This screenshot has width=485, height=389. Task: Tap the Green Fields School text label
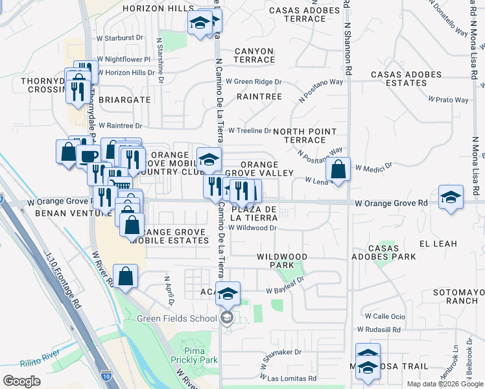click(176, 318)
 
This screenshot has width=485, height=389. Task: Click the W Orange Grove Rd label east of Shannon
click(392, 203)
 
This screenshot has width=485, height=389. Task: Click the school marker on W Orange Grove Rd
click(451, 196)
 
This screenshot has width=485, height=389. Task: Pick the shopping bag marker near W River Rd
click(126, 276)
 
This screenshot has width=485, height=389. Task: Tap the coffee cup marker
click(89, 156)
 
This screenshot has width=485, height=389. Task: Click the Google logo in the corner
click(21, 381)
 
